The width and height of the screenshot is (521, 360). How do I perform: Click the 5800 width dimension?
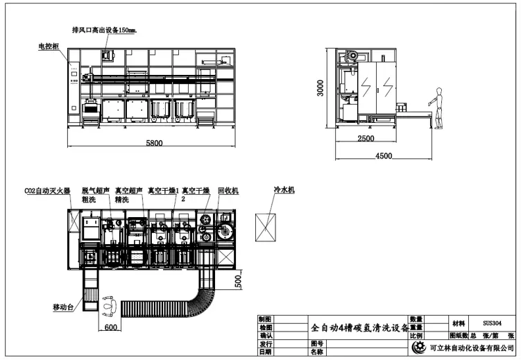tap(154, 143)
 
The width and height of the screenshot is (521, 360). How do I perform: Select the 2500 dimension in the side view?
tap(366, 139)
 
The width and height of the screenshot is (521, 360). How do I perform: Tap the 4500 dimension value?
tap(384, 155)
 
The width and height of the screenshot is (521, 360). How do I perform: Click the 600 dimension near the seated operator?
tap(110, 327)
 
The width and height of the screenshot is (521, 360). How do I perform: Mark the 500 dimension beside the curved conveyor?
tap(238, 281)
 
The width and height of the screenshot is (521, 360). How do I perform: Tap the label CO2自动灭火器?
tap(47, 190)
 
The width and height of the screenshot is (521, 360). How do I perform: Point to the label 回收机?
tap(228, 190)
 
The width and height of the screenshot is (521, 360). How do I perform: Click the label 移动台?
tap(64, 306)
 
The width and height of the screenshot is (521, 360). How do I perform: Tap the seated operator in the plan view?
tap(110, 302)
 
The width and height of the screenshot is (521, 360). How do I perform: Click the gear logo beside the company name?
tap(418, 348)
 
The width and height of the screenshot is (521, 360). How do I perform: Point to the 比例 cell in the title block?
tap(416, 336)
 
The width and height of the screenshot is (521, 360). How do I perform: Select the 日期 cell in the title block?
tap(265, 352)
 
